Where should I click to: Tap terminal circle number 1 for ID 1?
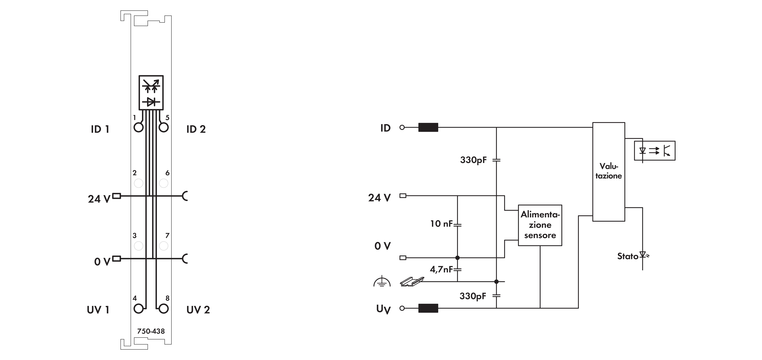(x=138, y=127)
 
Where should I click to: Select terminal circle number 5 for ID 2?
(x=164, y=127)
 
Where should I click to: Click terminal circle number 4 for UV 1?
(x=138, y=309)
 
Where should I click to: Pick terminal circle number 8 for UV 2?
(x=164, y=309)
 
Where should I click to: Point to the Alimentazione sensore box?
(x=540, y=225)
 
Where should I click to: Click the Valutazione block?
(x=609, y=172)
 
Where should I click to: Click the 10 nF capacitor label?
(x=441, y=224)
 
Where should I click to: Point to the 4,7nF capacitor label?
(x=441, y=269)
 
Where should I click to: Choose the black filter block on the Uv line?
(x=428, y=308)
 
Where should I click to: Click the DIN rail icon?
(x=412, y=282)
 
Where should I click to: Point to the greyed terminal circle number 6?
(x=164, y=183)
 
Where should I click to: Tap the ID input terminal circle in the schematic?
(x=402, y=127)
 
